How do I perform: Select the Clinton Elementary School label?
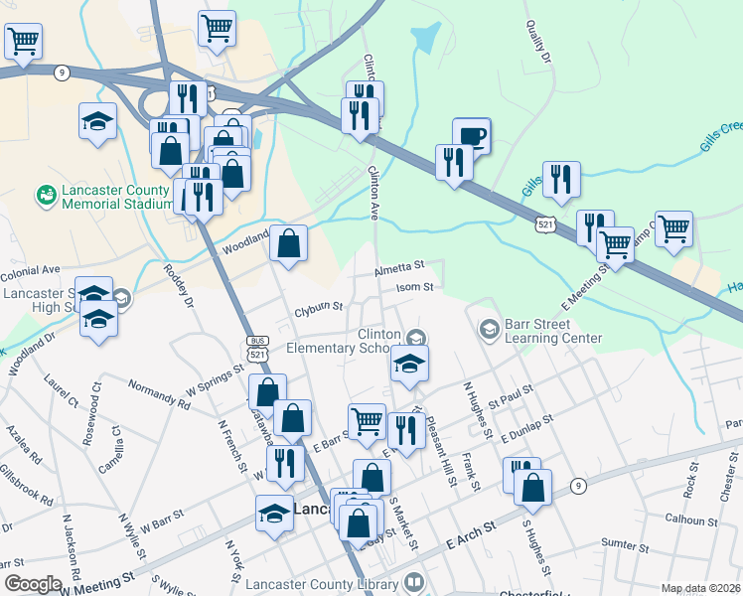pos(344,341)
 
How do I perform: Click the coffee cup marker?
pos(472,136)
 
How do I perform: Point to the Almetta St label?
pos(399,267)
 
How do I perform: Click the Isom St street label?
pos(415,287)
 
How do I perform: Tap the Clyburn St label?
pos(318,310)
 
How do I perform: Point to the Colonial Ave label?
pos(31,268)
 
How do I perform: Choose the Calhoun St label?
pos(691,520)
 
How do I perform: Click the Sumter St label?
pos(626,545)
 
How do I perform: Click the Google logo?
pos(32,584)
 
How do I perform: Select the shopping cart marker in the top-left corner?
pos(23,41)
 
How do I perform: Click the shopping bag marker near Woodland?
pos(288,243)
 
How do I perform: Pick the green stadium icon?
pos(46,196)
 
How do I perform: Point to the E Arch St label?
pos(472,542)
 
